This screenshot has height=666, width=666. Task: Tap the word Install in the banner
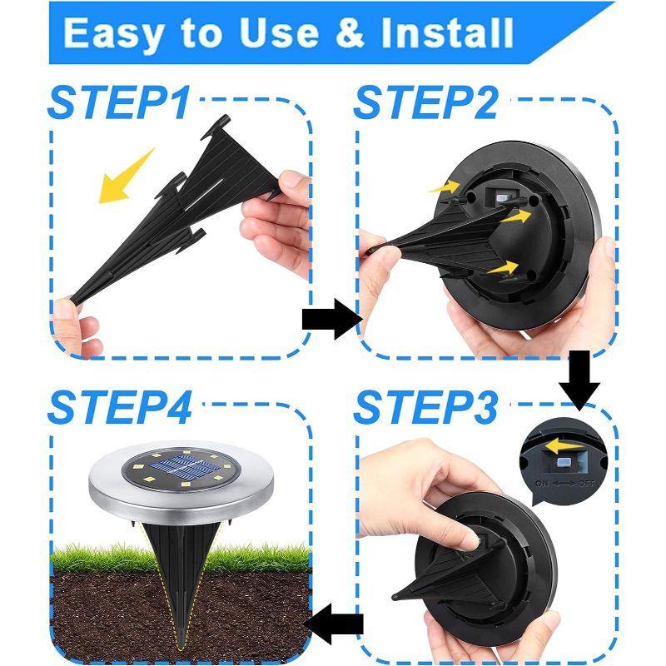[445, 32]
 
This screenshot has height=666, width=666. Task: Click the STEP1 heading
[119, 102]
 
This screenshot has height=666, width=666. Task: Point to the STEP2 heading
[425, 102]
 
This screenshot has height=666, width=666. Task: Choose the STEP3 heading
[425, 409]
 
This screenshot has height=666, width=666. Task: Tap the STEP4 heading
[119, 409]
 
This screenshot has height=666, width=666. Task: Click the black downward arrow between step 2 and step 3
[579, 379]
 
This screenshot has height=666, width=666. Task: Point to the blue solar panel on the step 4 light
[181, 471]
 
